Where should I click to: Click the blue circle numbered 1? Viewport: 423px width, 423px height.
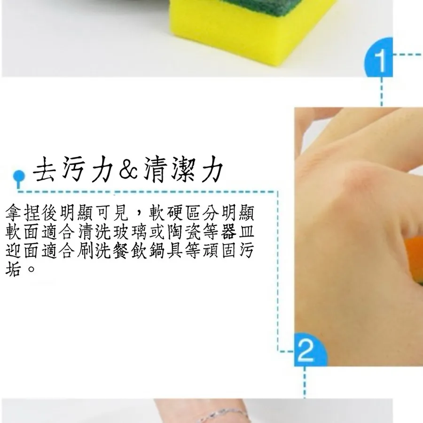(x=379, y=58)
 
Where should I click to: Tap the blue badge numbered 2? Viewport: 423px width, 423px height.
(x=310, y=350)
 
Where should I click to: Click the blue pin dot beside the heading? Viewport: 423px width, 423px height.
(x=19, y=177)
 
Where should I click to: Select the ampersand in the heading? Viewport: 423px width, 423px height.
(x=128, y=169)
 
